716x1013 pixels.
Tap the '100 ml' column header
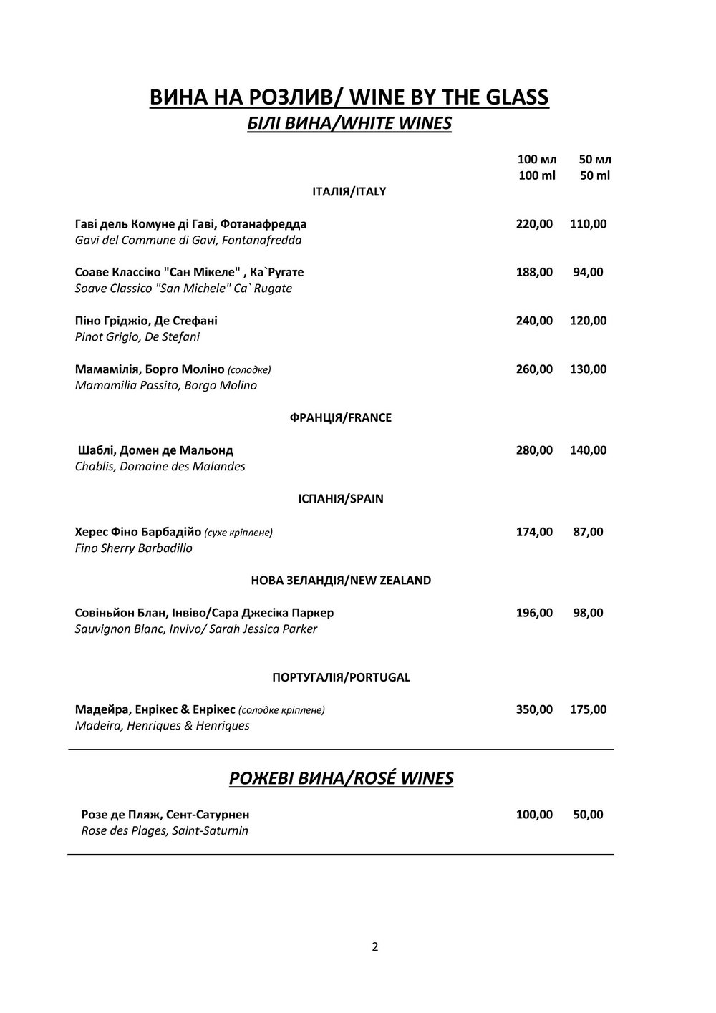(x=536, y=176)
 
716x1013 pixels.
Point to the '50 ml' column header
(x=595, y=176)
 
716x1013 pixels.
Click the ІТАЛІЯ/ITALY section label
(x=349, y=192)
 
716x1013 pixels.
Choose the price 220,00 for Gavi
(x=534, y=224)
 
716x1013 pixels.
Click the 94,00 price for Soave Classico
(x=588, y=272)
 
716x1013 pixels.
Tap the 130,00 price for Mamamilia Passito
(x=588, y=369)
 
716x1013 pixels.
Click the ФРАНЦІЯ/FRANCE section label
(x=341, y=417)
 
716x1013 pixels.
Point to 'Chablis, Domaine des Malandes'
(x=160, y=467)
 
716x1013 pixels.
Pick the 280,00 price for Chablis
(x=534, y=450)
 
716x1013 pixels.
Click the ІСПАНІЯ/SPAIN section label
(x=341, y=499)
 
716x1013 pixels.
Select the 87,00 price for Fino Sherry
(x=588, y=532)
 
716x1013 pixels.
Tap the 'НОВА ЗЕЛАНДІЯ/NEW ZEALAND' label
(x=341, y=580)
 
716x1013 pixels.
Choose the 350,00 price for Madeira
(x=534, y=709)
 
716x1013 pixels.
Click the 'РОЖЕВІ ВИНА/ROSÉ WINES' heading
(x=341, y=778)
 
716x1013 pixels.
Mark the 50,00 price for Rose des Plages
(x=588, y=815)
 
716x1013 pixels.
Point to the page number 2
(x=375, y=947)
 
